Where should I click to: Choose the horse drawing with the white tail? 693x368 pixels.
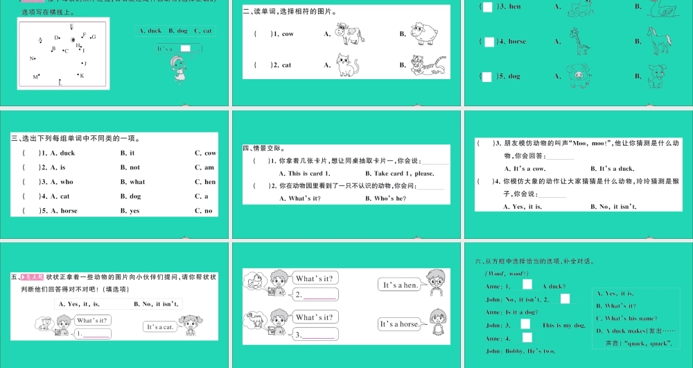[656, 41]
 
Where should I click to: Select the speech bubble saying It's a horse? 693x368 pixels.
[400, 324]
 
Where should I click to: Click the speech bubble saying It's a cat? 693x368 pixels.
[159, 326]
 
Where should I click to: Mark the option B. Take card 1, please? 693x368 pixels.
[404, 173]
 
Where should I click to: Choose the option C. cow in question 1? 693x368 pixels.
[205, 153]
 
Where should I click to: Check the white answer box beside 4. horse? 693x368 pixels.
[489, 42]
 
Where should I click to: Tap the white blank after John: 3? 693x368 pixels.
[525, 324]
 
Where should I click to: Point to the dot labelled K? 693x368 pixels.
[78, 75]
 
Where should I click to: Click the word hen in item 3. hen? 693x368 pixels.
[515, 6]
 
